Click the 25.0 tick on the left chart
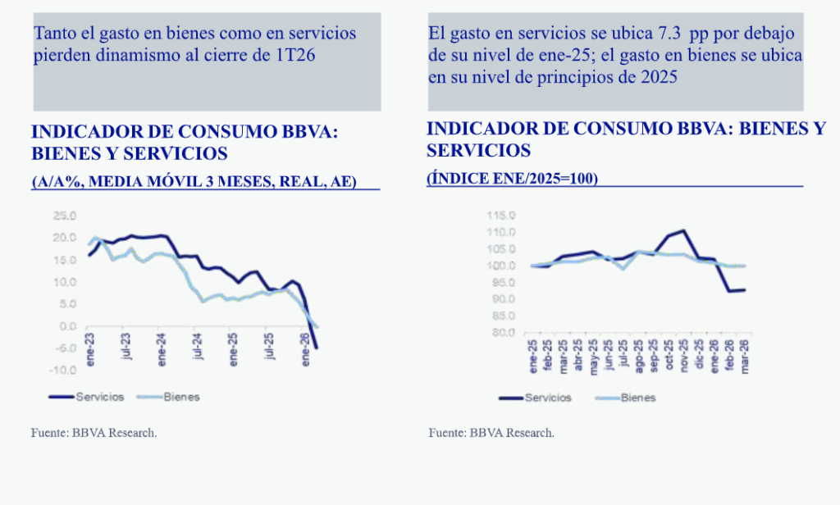coord(64,216)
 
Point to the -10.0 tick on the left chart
coord(62,370)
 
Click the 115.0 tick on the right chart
coord(500,216)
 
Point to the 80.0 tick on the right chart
coord(501,333)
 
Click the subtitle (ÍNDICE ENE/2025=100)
coord(512,178)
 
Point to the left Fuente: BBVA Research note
coord(94,433)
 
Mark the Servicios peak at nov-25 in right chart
coord(683,231)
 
